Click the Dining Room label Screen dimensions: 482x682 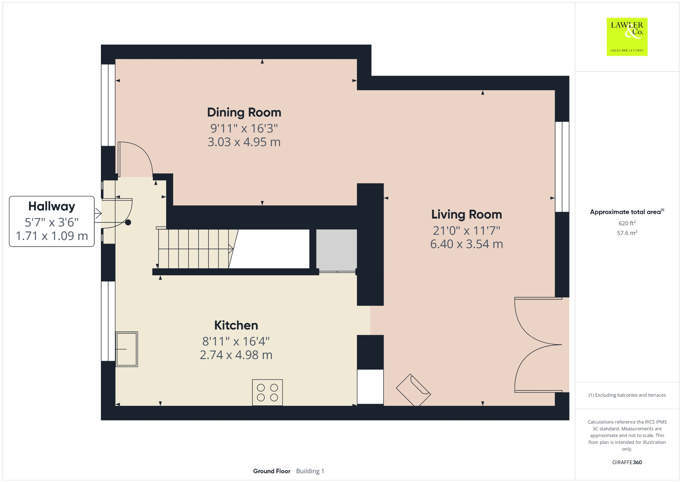point(244,113)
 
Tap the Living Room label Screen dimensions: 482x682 point(467,214)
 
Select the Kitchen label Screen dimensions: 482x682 point(236,325)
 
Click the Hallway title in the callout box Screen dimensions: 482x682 point(52,206)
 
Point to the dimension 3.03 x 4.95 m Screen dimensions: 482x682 point(244,142)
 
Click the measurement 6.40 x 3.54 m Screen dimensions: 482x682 point(467,244)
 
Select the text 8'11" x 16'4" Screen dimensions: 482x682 point(236,341)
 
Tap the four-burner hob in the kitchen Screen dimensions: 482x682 point(267,392)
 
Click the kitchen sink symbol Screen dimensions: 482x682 point(127,349)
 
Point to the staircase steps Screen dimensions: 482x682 point(193,249)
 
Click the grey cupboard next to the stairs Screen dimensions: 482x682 point(336,250)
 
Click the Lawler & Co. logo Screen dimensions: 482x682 point(627,37)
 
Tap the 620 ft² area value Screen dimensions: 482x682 point(627,223)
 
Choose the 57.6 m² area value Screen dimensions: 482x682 point(627,233)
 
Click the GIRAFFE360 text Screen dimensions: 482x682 point(627,462)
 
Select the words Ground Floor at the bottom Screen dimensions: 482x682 point(272,471)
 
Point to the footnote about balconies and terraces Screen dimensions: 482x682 point(627,395)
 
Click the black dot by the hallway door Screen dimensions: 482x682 point(128,223)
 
